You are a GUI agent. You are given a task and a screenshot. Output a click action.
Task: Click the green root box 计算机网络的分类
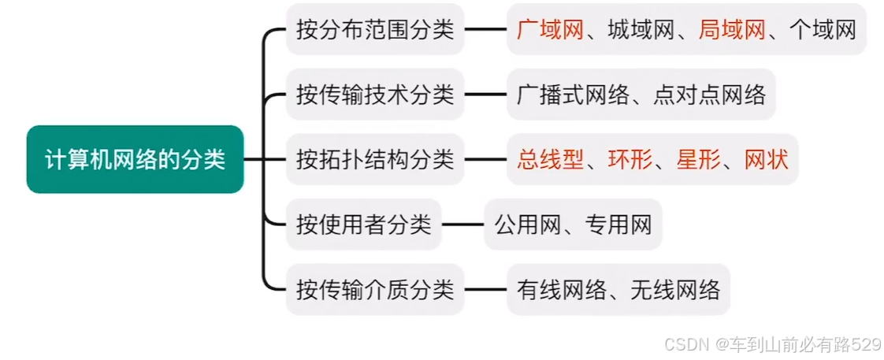[x=135, y=160]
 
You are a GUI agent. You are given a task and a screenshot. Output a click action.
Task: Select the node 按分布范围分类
[x=375, y=30]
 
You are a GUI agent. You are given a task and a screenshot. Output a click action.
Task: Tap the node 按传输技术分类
[x=375, y=95]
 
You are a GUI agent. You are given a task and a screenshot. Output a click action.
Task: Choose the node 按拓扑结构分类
[x=375, y=160]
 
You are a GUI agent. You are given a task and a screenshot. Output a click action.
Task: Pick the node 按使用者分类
[x=363, y=225]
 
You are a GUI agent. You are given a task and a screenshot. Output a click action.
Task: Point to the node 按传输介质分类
[x=375, y=289]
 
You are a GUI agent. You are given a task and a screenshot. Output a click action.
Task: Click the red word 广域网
[x=550, y=30]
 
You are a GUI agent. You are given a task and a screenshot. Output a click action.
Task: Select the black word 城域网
[x=641, y=30]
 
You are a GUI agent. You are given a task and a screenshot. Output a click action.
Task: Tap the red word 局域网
[x=732, y=30]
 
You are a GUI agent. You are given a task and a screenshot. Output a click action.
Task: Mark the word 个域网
[x=823, y=30]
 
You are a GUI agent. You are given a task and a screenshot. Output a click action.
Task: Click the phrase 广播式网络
[x=573, y=95]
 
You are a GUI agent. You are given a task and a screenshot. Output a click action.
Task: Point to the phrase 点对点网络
[x=709, y=95]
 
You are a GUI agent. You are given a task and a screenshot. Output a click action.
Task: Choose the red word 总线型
[x=550, y=160]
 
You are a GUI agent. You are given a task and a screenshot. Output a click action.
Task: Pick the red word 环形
[x=630, y=160]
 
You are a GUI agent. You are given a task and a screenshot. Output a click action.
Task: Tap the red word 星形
[x=698, y=160]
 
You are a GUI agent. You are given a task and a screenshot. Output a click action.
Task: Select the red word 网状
[x=766, y=160]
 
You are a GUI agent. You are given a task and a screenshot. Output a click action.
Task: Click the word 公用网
[x=527, y=225]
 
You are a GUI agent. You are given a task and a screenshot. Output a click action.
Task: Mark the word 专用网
[x=618, y=225]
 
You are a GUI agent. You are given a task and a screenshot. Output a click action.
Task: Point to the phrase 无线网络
[x=675, y=289]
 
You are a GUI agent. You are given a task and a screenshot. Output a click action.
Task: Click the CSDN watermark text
[x=772, y=343]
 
